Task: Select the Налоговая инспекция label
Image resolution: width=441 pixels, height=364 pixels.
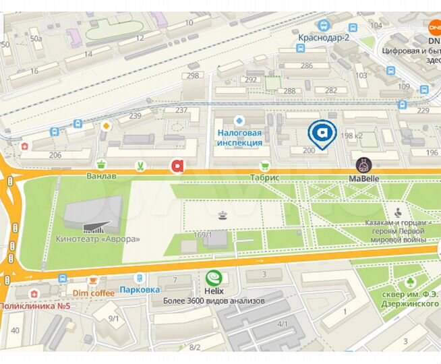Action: click(x=239, y=138)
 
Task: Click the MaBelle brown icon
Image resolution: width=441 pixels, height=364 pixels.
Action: click(x=363, y=165)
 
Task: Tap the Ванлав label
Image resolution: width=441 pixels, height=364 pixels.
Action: click(x=102, y=177)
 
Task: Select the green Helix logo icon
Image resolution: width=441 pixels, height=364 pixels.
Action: click(x=214, y=277)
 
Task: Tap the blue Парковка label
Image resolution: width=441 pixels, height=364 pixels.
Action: click(x=139, y=291)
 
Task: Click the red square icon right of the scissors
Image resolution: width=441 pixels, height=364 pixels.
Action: click(x=177, y=165)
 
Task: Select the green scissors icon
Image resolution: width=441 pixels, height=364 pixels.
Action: click(x=138, y=165)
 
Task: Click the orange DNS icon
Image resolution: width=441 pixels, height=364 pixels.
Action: click(x=434, y=28)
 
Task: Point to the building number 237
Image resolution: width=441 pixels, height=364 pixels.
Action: click(x=181, y=110)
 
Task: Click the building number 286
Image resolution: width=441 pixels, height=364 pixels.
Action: click(x=307, y=65)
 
